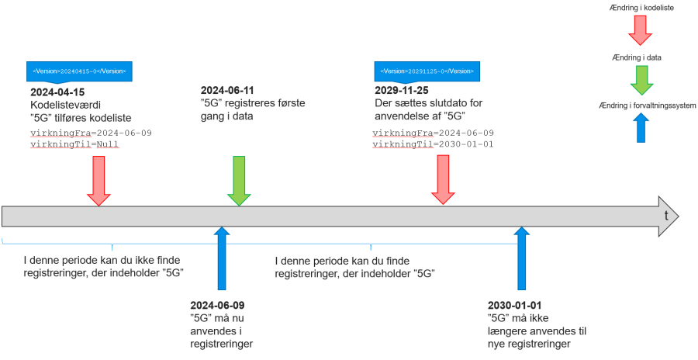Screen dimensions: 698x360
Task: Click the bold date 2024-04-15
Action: tap(57, 92)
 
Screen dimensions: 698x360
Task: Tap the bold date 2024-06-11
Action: tap(227, 91)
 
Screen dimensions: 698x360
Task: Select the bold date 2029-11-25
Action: tap(402, 91)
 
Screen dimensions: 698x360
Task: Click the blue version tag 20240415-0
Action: tap(79, 71)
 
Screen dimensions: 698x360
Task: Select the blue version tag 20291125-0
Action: tap(427, 71)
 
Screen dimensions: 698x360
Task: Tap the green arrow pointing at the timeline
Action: tap(239, 181)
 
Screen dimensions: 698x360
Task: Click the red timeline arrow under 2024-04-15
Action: tap(98, 181)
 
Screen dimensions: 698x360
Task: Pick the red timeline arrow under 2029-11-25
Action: tap(444, 180)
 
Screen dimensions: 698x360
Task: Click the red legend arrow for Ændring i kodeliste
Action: tap(641, 30)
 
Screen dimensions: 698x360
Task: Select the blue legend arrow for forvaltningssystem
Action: tap(641, 128)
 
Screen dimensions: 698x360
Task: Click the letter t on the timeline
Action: tap(666, 216)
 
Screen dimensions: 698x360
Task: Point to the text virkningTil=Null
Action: tap(76, 145)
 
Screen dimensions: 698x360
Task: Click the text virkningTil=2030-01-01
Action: tap(433, 145)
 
